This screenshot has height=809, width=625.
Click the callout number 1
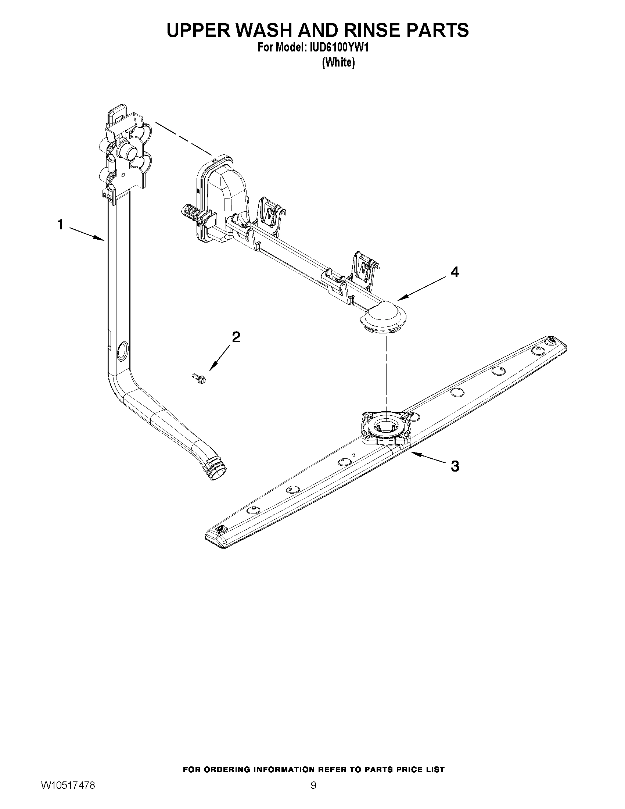(x=61, y=225)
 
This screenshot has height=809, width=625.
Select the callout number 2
(x=236, y=337)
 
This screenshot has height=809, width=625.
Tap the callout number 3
(x=455, y=466)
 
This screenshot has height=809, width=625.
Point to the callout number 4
(x=455, y=272)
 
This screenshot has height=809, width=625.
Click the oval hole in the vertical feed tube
(x=121, y=352)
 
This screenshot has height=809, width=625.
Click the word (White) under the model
(x=338, y=63)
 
